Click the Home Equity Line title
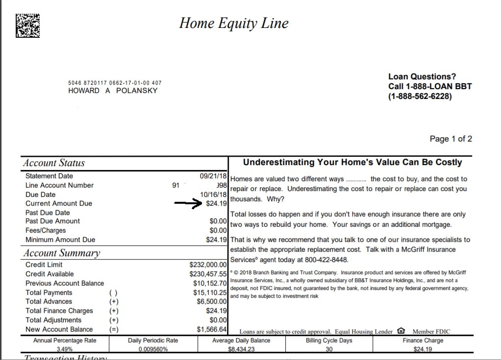coord(234,23)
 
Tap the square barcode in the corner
coord(27,24)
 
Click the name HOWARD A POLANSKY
coord(113,91)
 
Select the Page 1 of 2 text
coord(451,139)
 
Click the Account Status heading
coord(54,163)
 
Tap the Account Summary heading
coord(61,253)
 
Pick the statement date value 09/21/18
coord(213,176)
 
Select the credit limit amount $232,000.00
coord(208,265)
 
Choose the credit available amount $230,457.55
coord(208,274)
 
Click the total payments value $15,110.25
coord(210,292)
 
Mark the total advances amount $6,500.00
coord(211,302)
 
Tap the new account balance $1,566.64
coord(211,330)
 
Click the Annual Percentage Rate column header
coord(65,340)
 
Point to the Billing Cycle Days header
coord(329,340)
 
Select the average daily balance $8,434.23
coord(241,349)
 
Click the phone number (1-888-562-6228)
coord(420,96)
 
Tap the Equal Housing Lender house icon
coord(401,331)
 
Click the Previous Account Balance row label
coord(65,284)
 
